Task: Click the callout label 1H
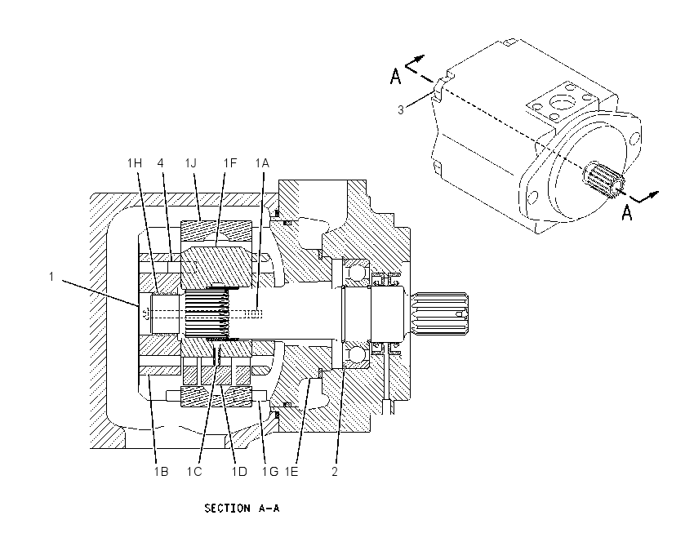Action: click(135, 163)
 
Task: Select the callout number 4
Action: click(161, 163)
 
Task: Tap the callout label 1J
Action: click(191, 163)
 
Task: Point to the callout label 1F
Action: click(230, 163)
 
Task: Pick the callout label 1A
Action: click(262, 163)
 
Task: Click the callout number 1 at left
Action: click(51, 277)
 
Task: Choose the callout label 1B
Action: click(161, 472)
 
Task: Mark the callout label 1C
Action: click(194, 472)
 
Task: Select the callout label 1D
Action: click(239, 472)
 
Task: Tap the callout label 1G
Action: click(270, 472)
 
